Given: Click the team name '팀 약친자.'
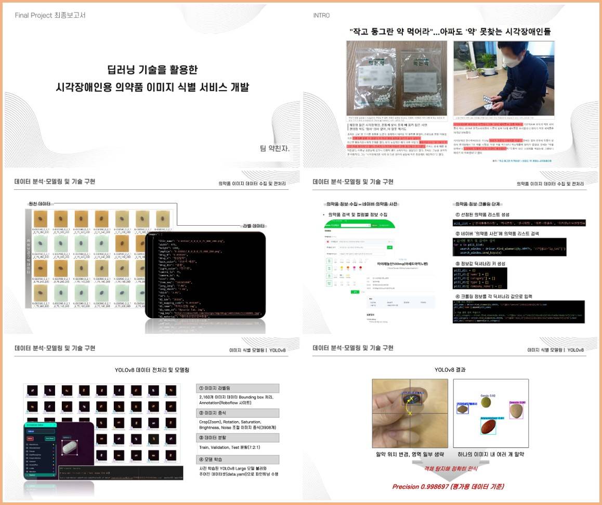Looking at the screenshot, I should (274, 149).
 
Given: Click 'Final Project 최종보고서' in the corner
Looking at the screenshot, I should (50, 15).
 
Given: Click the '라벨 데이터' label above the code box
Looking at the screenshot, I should (254, 226).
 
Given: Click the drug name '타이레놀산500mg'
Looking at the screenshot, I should (403, 264).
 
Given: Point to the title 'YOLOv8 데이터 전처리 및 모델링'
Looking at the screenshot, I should (152, 370).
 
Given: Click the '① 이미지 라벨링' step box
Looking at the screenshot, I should (238, 389).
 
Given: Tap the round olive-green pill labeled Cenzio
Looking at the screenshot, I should (486, 402).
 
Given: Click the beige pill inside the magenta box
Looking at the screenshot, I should (515, 411).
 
